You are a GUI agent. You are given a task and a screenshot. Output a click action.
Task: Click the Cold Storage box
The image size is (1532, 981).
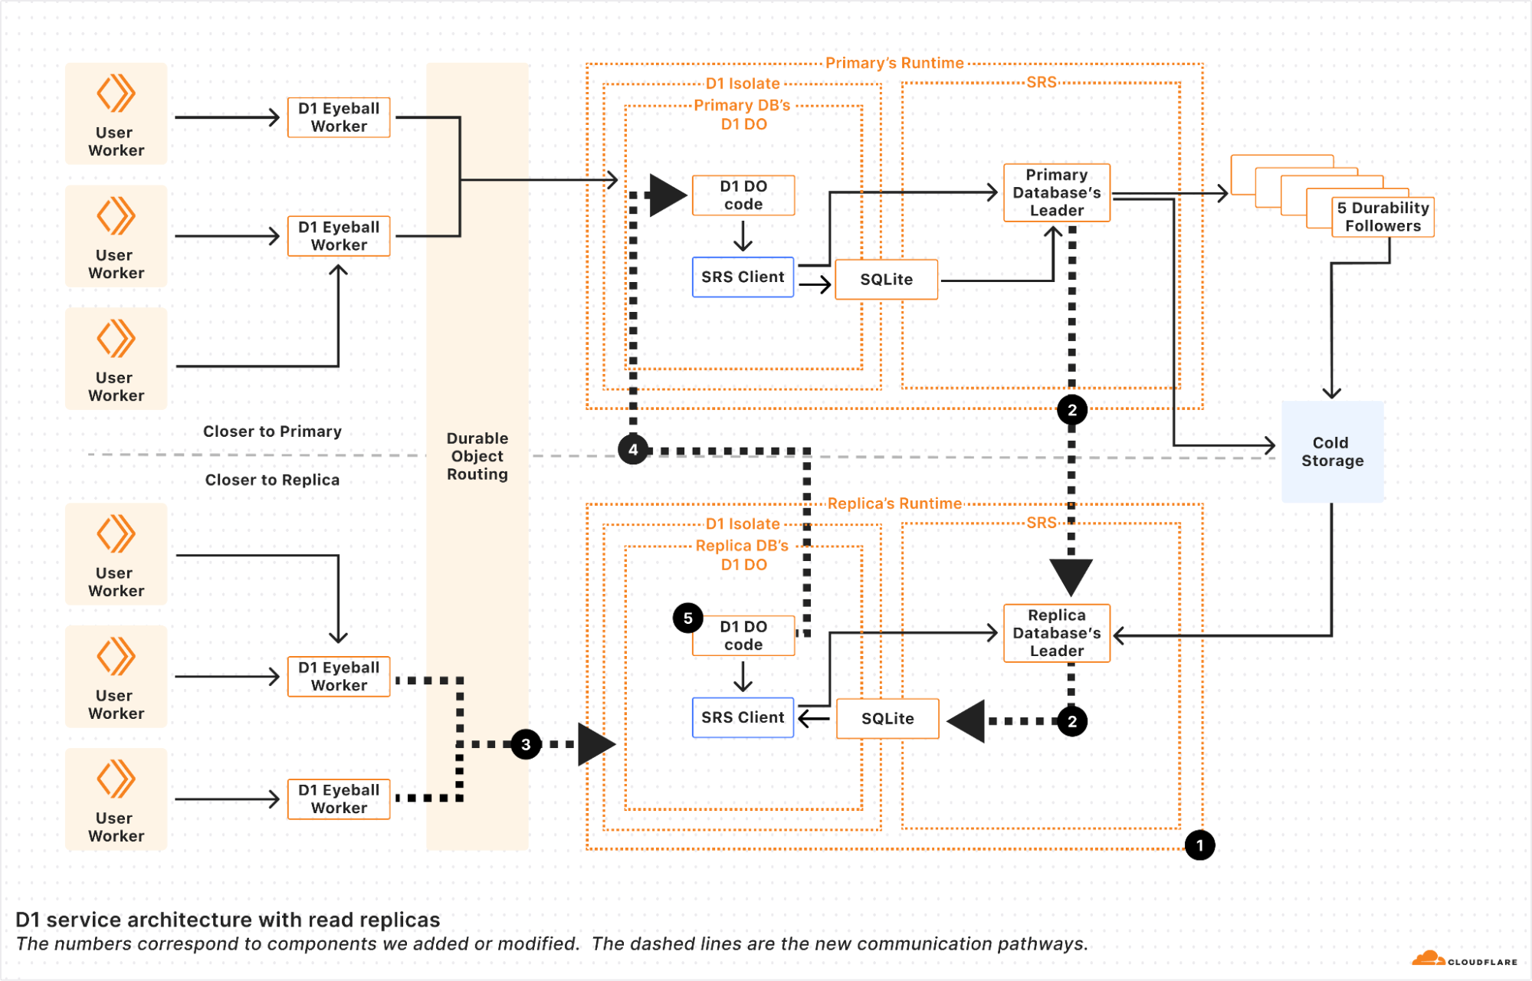pos(1332,451)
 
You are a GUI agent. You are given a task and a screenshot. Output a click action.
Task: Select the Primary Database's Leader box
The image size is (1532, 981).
pos(1056,192)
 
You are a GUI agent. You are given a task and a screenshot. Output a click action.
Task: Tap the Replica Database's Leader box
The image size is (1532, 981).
pos(1056,633)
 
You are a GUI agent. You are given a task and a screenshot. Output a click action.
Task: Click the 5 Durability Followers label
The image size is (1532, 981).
pos(1383,217)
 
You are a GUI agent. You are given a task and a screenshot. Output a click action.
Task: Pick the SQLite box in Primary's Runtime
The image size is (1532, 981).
pos(886,280)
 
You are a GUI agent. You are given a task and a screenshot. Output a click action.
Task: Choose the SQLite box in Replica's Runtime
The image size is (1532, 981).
pos(887,719)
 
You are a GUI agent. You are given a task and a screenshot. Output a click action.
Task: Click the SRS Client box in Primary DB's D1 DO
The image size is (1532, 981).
pos(743,277)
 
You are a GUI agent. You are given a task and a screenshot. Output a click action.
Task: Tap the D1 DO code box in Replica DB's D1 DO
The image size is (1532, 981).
pos(743,636)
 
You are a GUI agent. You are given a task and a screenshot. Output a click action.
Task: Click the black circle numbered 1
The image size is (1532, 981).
pos(1199,845)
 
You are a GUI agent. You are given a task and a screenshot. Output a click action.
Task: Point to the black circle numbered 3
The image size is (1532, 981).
pos(526,744)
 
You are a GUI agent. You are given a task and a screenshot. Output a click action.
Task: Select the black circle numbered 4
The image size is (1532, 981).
pos(633,450)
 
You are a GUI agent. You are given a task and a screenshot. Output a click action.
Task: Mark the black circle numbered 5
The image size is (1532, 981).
pos(687,618)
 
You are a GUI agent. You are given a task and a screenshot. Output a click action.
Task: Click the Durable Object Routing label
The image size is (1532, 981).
pos(477,456)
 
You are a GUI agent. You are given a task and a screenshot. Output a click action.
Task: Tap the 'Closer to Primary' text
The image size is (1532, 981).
pos(272,431)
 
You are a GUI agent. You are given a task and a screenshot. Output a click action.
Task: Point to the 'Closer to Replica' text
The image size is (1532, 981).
pos(272,480)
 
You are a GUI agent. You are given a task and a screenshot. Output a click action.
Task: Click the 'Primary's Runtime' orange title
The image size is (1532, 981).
pos(894,63)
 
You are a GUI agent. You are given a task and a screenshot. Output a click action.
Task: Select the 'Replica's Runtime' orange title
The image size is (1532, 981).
pos(894,504)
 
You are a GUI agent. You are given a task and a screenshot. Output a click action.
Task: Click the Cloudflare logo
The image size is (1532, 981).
pos(1464,960)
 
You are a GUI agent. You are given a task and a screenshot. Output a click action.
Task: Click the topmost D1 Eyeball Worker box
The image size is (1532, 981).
pos(339,117)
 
